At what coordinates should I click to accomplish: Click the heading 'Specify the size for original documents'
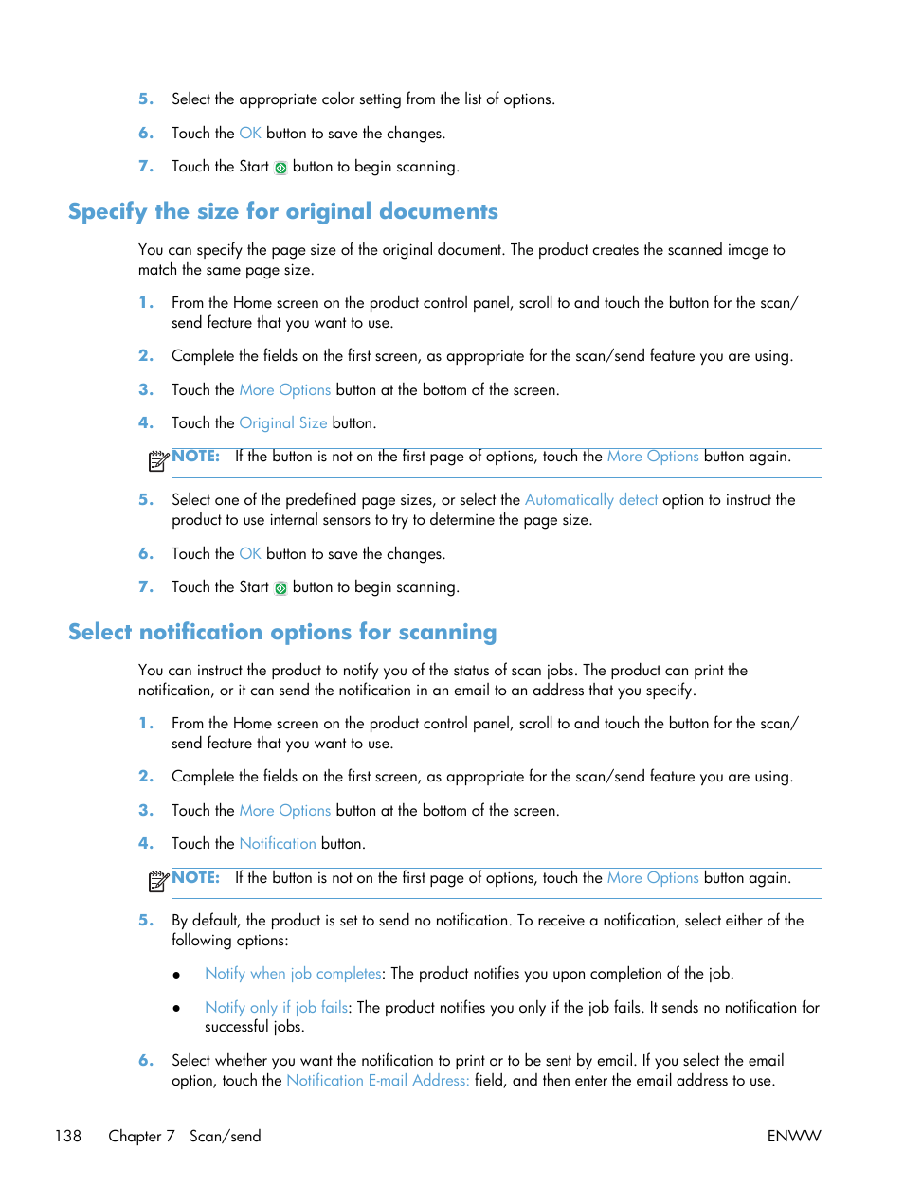282,211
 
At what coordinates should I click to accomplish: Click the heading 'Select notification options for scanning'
282,632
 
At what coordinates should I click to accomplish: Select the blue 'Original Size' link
283,423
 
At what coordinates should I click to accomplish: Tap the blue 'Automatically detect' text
590,500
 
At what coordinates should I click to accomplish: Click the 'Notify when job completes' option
293,974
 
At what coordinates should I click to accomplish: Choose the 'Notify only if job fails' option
277,1008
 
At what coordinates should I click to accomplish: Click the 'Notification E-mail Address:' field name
377,1081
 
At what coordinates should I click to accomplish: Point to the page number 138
68,1136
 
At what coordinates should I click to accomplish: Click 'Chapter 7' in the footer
141,1136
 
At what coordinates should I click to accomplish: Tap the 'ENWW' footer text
794,1136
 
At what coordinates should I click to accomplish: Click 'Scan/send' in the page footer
225,1136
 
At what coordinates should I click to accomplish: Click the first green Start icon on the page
280,168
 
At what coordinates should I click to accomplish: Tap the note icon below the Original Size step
158,461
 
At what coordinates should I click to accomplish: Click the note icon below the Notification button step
158,882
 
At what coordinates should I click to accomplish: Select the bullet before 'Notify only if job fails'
176,1009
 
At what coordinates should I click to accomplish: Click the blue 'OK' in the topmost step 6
250,134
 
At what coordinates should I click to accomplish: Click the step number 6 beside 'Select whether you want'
146,1061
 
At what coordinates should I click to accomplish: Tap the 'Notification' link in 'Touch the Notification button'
278,844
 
